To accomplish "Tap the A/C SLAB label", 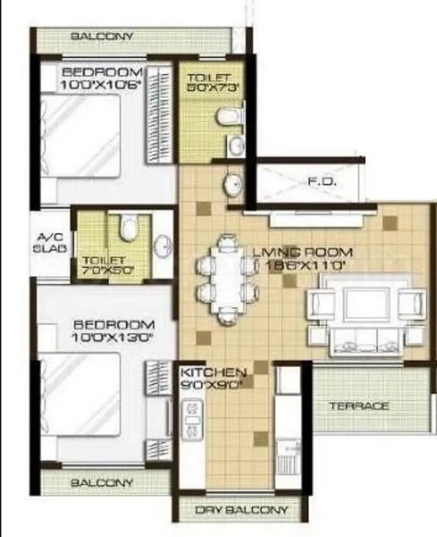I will [x=48, y=243].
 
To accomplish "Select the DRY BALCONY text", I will [x=241, y=510].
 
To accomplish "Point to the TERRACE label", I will [x=359, y=406].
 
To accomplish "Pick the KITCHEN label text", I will [x=213, y=373].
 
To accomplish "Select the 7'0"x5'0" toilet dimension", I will [x=108, y=270].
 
